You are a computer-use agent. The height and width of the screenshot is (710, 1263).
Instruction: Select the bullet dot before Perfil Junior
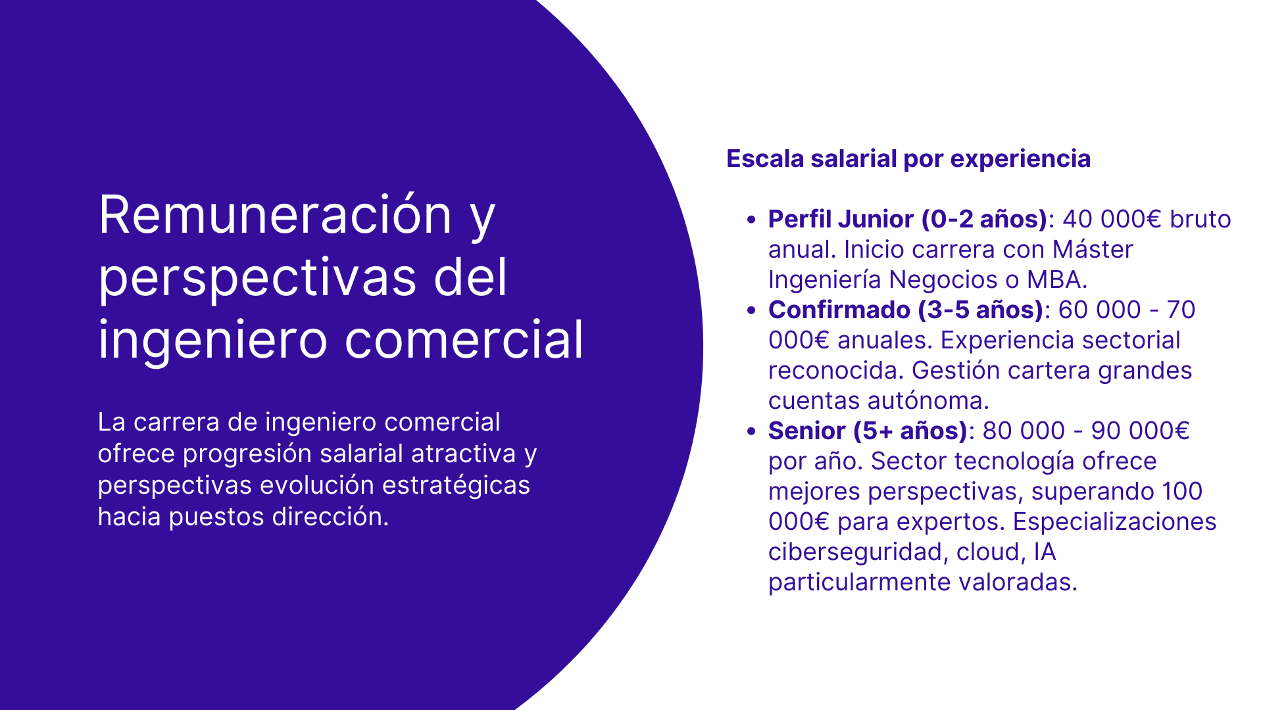[751, 220]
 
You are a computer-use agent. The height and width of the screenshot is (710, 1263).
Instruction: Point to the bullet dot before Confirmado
[751, 311]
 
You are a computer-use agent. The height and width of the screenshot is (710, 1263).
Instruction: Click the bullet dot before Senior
[751, 432]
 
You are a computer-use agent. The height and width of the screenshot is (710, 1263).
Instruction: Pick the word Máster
[1093, 249]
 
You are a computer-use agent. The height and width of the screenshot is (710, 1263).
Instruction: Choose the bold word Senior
[806, 431]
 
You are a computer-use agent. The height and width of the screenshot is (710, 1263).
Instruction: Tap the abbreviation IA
[1045, 552]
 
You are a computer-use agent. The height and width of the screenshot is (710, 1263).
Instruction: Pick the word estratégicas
[456, 485]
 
